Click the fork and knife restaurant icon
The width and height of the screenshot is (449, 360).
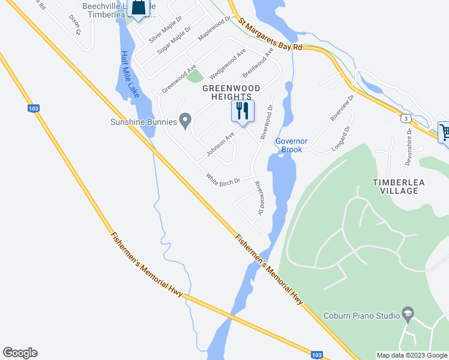click(x=243, y=110)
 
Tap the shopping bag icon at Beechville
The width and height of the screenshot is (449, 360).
click(x=139, y=8)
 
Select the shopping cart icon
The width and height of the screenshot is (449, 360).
click(x=445, y=132)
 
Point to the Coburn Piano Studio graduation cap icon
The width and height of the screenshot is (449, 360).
click(x=408, y=314)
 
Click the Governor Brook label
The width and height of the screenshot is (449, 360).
click(x=291, y=145)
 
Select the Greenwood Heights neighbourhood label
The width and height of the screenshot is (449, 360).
click(x=231, y=92)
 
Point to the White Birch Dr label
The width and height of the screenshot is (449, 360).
click(x=223, y=179)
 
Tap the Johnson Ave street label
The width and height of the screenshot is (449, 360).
click(x=220, y=145)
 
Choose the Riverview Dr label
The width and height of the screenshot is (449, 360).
click(x=342, y=108)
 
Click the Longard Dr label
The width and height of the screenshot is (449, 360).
click(x=340, y=140)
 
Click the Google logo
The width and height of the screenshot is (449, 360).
click(x=20, y=353)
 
